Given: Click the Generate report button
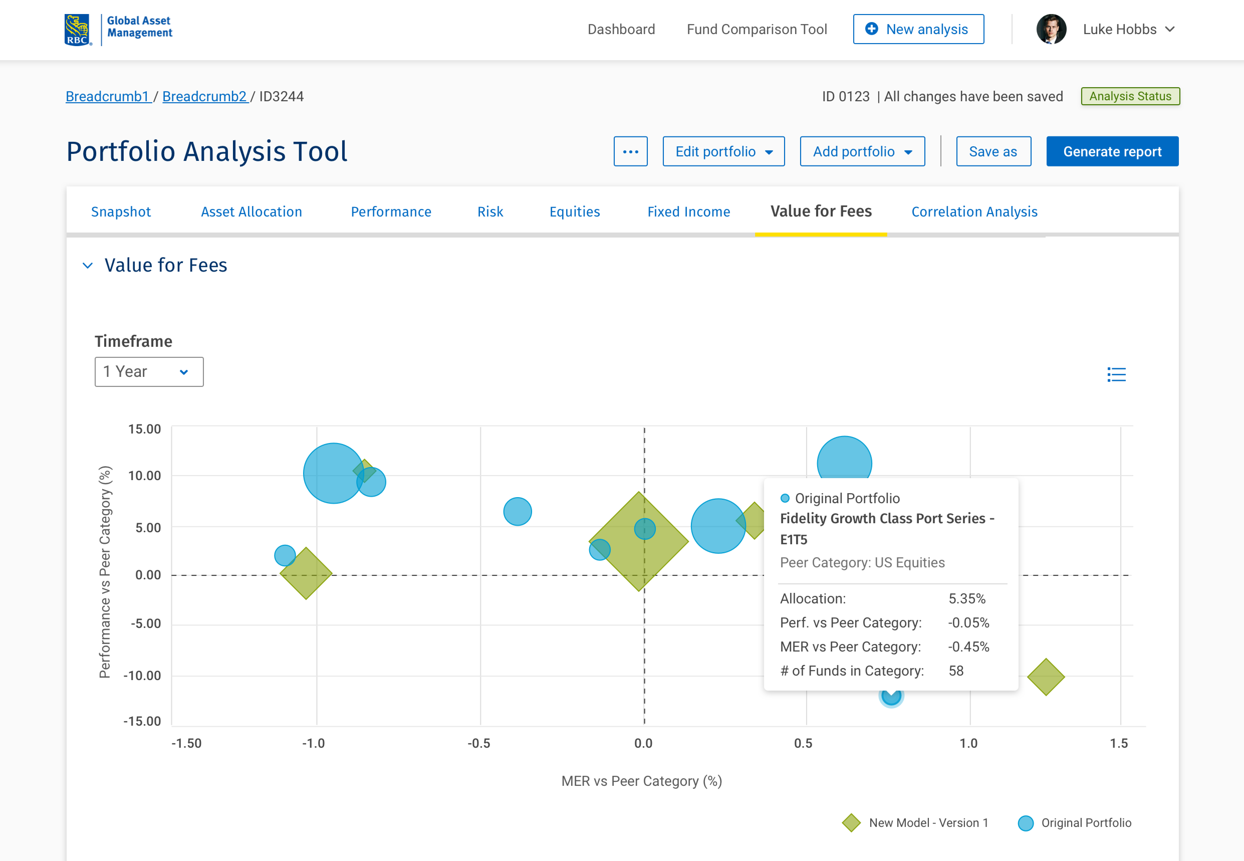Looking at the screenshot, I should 1112,152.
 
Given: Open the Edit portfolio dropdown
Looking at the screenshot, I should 723,152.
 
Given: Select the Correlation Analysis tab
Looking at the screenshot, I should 974,211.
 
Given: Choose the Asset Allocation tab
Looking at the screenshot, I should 251,211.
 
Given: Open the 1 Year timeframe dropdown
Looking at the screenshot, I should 149,372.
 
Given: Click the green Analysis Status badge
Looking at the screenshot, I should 1130,96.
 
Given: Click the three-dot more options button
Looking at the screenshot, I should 630,152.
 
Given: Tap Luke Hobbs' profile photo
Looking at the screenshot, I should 1050,29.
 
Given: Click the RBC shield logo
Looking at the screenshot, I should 77,30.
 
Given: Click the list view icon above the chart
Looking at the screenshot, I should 1116,374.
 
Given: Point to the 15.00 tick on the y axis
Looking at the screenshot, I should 144,429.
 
